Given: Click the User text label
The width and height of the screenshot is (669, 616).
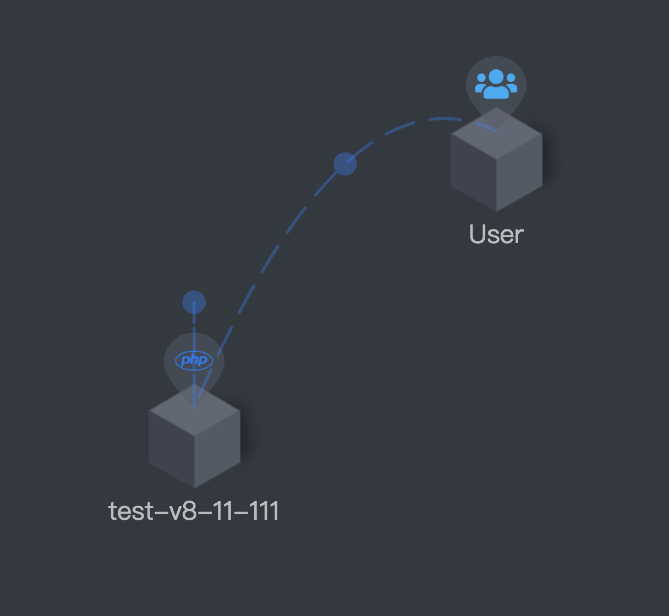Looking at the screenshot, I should click(496, 234).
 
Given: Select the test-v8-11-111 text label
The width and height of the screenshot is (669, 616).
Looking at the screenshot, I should click(194, 511).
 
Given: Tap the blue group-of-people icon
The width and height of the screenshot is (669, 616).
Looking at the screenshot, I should click(496, 84).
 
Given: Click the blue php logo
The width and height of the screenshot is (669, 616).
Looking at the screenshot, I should click(194, 360).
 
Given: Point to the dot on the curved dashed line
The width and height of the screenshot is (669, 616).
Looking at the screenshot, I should click(345, 164).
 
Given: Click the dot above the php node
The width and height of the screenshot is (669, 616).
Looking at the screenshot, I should click(194, 302).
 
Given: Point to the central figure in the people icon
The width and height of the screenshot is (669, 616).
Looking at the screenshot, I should click(496, 82).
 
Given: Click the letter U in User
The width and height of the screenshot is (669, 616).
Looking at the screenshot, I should click(478, 234).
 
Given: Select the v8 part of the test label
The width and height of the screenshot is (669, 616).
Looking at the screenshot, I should click(182, 511).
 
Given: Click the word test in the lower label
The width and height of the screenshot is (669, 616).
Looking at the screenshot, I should click(131, 511).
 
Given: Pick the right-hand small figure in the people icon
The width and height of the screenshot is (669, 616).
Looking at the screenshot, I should click(512, 85).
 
